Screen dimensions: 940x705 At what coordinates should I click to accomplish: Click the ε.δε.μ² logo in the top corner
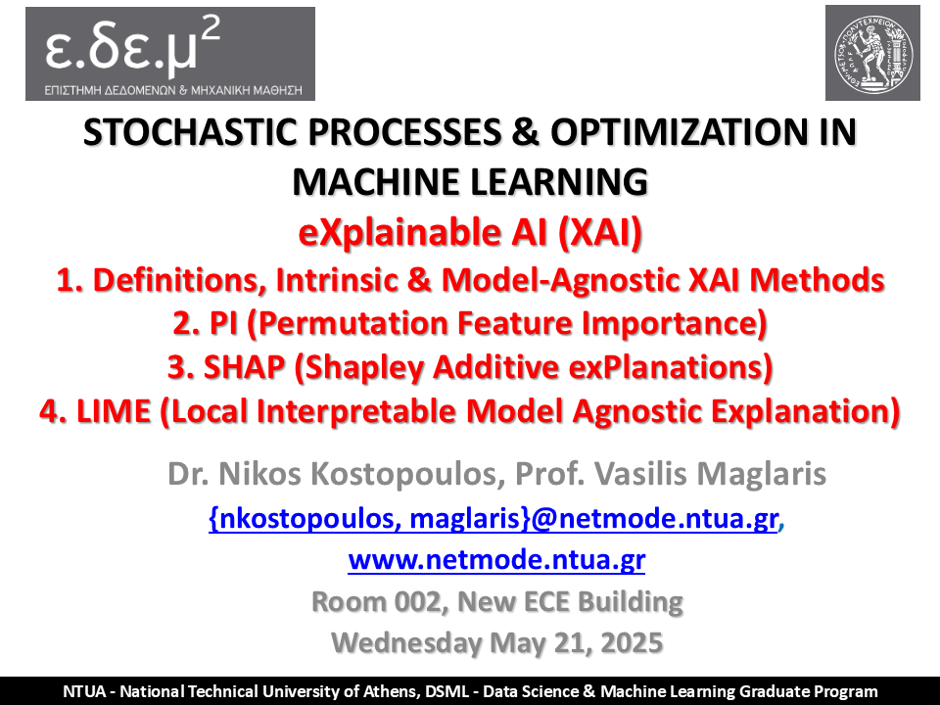click(170, 54)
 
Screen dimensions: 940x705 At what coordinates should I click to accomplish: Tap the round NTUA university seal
click(872, 53)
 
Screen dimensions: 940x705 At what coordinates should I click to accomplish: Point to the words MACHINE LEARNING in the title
click(470, 182)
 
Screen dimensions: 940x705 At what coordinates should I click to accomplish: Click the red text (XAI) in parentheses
click(600, 232)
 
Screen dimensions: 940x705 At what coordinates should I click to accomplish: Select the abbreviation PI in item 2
click(223, 323)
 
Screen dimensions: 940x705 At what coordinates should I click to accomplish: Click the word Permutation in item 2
click(352, 323)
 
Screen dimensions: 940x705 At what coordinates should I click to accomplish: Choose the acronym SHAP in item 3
click(244, 367)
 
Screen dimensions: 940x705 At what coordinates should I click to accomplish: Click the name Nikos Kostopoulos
click(358, 474)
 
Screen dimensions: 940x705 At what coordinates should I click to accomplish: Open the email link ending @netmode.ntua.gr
click(493, 518)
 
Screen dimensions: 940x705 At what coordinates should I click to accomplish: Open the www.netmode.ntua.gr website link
click(496, 560)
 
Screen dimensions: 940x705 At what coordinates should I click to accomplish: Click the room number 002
click(418, 601)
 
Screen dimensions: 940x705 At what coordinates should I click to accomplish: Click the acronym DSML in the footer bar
click(447, 691)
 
